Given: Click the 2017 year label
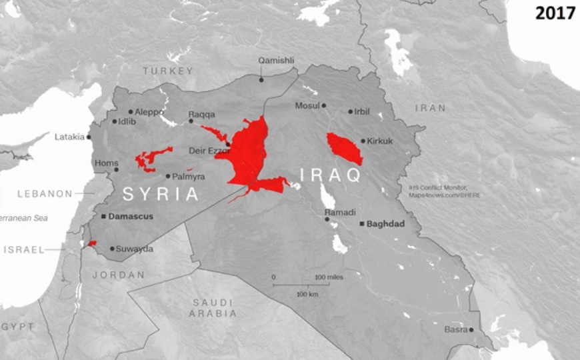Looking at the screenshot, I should (x=555, y=13).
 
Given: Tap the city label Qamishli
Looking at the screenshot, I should (x=276, y=61).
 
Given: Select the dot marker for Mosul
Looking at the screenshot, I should (x=324, y=105).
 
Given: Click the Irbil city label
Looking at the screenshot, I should (x=362, y=111).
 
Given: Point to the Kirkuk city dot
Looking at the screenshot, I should (x=363, y=141).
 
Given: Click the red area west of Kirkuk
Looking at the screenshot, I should (x=344, y=149).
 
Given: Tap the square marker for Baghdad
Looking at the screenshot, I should (x=361, y=224).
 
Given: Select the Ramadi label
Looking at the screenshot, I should (x=336, y=212).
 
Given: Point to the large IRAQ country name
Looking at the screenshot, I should (x=330, y=175).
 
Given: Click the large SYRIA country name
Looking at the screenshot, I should (x=161, y=194).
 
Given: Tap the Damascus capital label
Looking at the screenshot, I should (x=131, y=217).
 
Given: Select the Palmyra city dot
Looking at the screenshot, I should (x=168, y=176).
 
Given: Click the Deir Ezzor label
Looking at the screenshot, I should (x=209, y=151).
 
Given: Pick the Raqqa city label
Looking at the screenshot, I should (x=202, y=114).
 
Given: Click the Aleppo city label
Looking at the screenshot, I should (x=149, y=112).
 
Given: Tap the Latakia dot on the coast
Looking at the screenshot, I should (x=89, y=137).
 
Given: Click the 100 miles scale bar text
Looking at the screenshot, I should (x=329, y=277).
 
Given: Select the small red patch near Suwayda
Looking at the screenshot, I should (x=92, y=243).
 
